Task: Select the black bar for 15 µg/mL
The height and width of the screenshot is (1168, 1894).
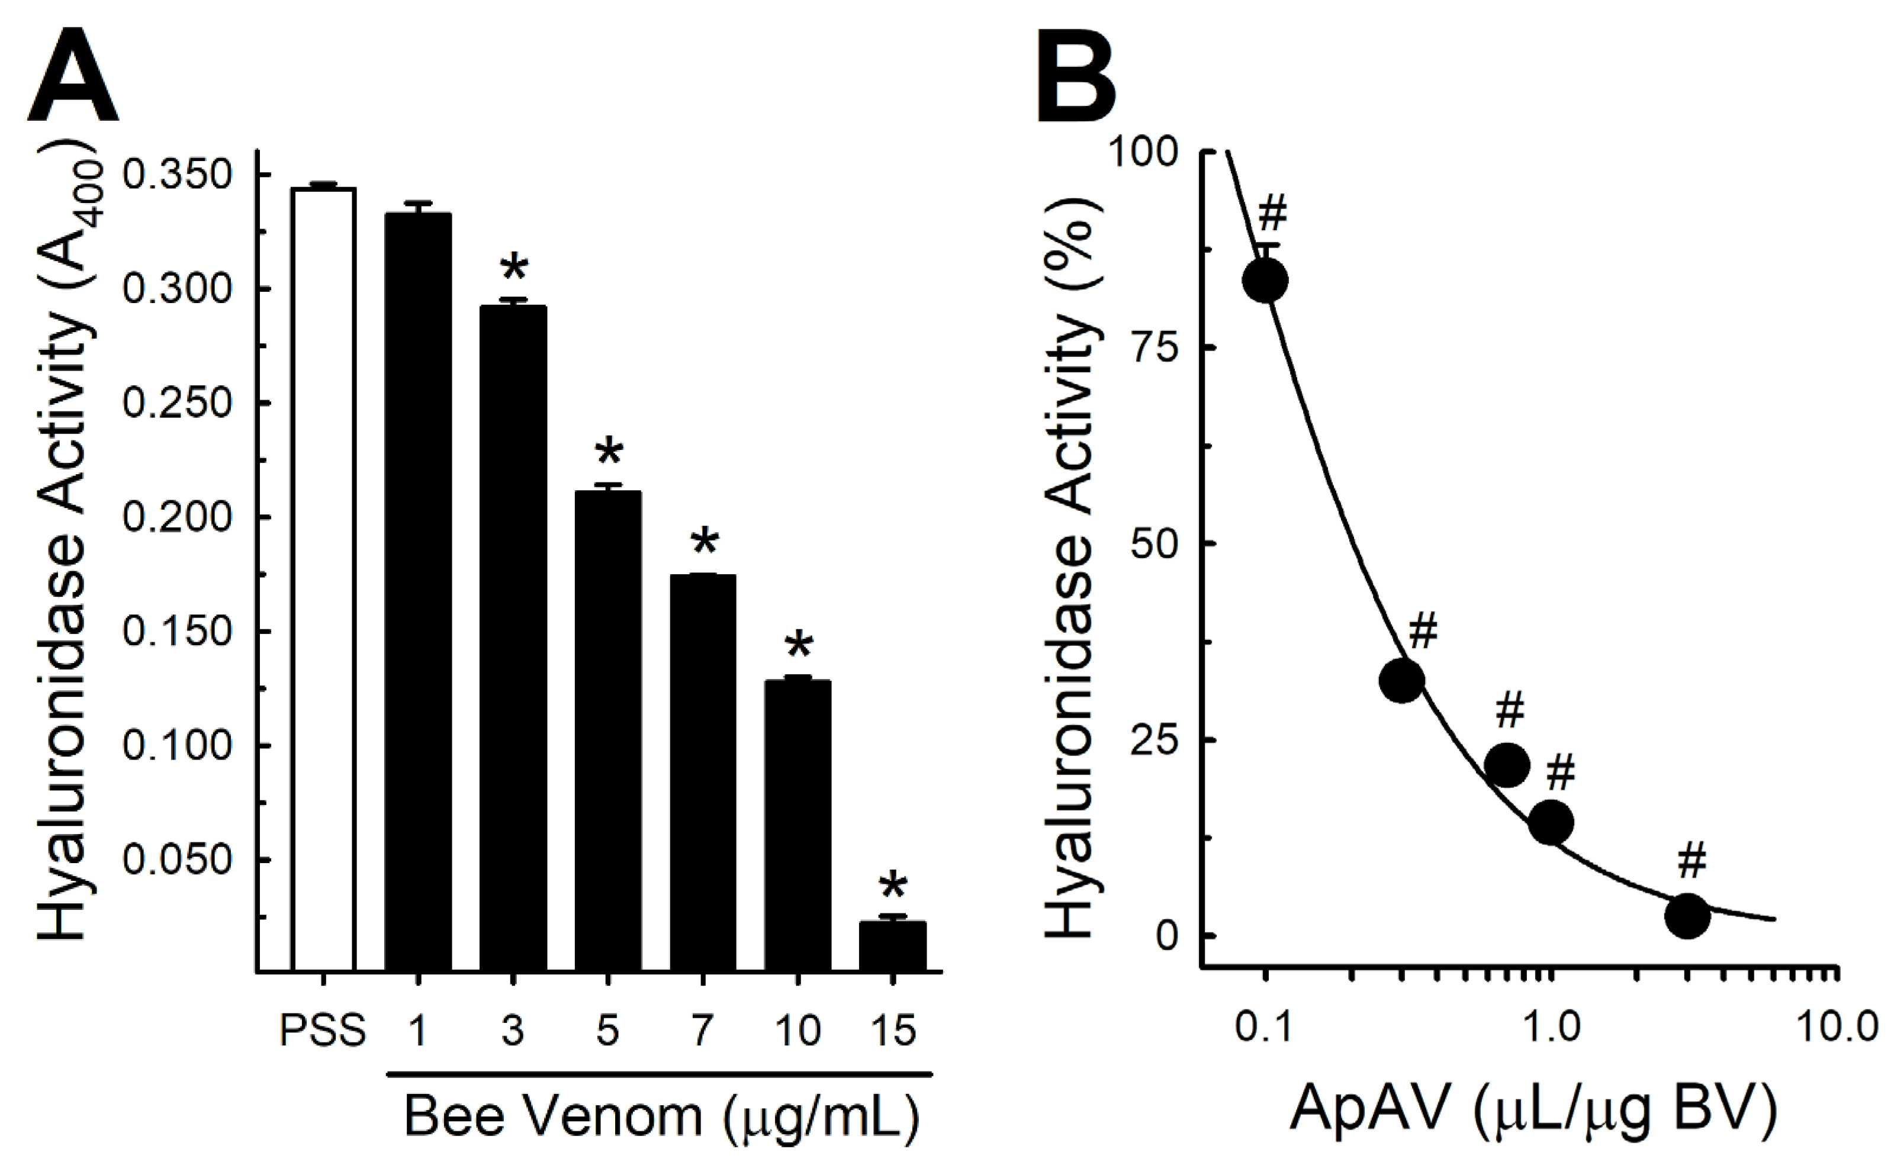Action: [892, 945]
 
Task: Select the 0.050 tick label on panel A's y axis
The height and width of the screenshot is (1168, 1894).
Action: [177, 860]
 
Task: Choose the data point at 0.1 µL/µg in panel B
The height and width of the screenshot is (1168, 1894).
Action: [1265, 281]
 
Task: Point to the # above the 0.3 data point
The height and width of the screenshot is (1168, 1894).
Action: [1423, 632]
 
